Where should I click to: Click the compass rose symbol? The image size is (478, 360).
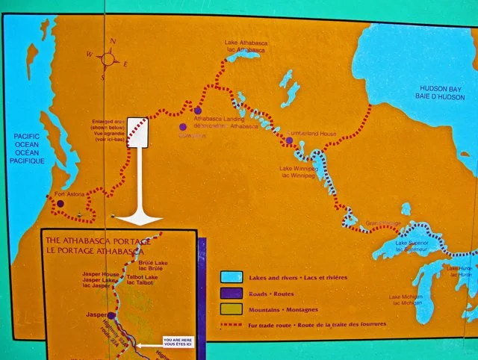click(x=108, y=58)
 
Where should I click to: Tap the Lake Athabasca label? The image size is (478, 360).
click(x=246, y=46)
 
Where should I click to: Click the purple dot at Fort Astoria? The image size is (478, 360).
click(x=60, y=202)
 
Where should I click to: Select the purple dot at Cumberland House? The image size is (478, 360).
click(x=289, y=140)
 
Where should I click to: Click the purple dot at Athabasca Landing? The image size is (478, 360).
click(x=198, y=111)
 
